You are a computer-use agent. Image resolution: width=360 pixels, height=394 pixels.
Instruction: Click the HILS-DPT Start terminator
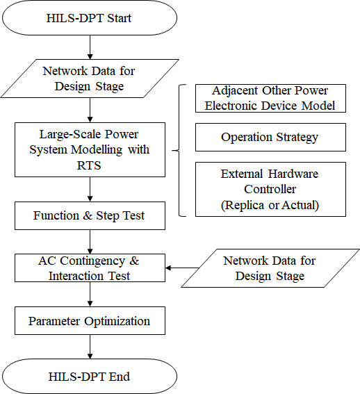pos(90,17)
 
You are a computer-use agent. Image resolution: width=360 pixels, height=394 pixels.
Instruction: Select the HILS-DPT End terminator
pos(90,376)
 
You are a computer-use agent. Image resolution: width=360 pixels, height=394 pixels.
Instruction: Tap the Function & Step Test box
pos(90,215)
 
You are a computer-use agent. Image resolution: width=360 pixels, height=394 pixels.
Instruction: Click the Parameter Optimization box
pos(90,320)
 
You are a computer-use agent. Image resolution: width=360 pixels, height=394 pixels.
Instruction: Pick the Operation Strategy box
pos(270,137)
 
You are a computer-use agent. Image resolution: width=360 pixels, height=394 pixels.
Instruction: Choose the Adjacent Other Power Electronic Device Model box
pos(270,98)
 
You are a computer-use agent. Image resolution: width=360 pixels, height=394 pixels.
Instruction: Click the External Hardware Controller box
pos(270,189)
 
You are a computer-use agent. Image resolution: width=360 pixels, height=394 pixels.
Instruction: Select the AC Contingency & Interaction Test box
pos(90,268)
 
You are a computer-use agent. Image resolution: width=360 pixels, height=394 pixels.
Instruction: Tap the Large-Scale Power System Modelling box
pos(90,150)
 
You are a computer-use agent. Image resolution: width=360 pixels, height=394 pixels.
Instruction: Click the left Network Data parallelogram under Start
pos(90,79)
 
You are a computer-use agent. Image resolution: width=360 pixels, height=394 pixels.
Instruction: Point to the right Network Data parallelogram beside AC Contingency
pos(270,268)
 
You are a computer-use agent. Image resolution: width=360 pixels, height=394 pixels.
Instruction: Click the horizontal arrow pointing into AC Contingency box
pos(182,268)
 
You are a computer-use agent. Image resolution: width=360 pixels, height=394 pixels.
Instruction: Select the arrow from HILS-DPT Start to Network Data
pos(90,47)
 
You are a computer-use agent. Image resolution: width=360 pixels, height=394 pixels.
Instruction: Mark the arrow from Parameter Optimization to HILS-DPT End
pos(90,347)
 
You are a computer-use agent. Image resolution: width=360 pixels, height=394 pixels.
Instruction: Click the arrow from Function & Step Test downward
pos(90,242)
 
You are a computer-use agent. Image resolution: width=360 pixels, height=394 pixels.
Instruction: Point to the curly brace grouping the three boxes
pos(179,150)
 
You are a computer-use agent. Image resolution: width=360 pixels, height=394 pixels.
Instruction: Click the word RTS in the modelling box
pos(89,165)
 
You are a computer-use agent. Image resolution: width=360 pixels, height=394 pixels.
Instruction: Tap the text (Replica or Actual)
pos(270,205)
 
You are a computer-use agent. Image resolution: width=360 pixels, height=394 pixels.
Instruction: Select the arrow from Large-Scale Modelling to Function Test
pos(90,189)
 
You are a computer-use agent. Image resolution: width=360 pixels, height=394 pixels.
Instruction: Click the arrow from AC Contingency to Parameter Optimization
pos(90,294)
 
